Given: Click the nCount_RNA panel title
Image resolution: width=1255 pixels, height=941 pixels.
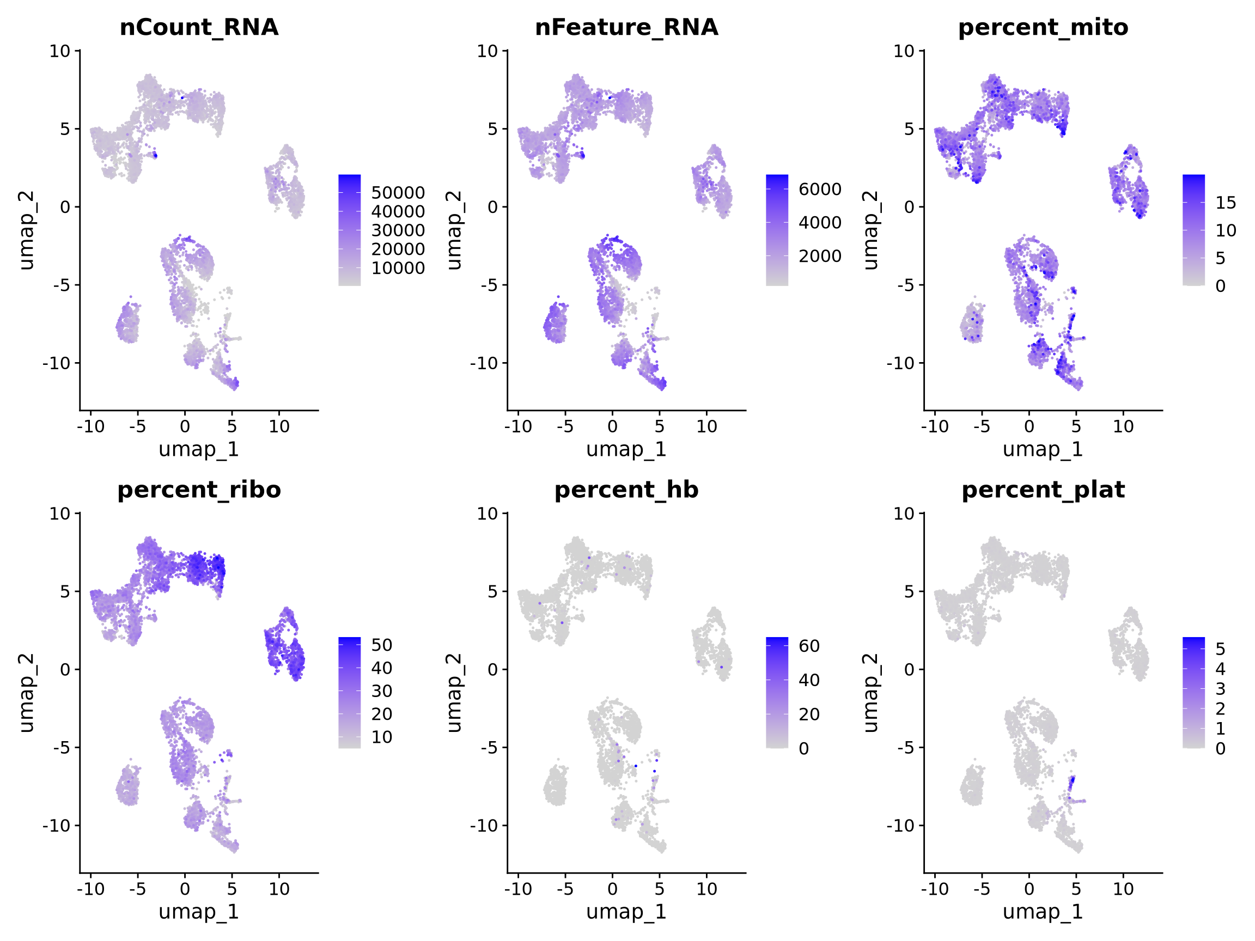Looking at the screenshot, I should pyautogui.click(x=199, y=27).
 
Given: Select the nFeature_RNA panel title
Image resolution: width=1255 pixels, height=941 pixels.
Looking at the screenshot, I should pyautogui.click(x=626, y=27).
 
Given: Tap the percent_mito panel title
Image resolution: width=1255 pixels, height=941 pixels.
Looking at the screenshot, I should pyautogui.click(x=1043, y=27).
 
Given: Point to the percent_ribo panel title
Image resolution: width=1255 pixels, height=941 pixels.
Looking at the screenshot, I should pyautogui.click(x=199, y=490).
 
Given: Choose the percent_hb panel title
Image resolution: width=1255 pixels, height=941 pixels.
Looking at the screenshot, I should pyautogui.click(x=626, y=490).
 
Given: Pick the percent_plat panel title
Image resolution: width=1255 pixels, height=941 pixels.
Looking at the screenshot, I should pyautogui.click(x=1043, y=490).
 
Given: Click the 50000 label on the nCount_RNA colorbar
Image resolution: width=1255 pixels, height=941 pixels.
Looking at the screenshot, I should pyautogui.click(x=398, y=193).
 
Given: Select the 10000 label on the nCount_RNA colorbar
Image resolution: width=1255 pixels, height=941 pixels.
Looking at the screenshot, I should pyautogui.click(x=398, y=268).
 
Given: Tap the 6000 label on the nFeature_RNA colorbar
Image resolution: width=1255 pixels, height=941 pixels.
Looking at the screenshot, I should pyautogui.click(x=820, y=189).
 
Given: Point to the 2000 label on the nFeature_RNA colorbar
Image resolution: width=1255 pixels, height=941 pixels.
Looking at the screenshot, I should pyautogui.click(x=820, y=256).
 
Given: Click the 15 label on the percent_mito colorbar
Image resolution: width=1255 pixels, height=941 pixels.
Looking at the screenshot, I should pyautogui.click(x=1226, y=203).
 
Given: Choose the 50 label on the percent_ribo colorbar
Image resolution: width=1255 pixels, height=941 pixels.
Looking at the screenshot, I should pyautogui.click(x=382, y=645).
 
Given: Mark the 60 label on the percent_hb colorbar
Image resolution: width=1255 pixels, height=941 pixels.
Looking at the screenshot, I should pyautogui.click(x=809, y=645).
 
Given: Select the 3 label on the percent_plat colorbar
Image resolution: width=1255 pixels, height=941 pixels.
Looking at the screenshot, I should pyautogui.click(x=1220, y=688).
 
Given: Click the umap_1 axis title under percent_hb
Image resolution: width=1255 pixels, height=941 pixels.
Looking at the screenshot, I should pyautogui.click(x=626, y=912).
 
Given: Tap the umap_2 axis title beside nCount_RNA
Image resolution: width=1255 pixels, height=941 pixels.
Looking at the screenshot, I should pyautogui.click(x=26, y=230).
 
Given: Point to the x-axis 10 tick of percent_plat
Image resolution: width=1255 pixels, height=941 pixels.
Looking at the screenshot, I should pyautogui.click(x=1123, y=889).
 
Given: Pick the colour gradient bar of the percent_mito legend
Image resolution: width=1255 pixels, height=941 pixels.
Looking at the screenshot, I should pyautogui.click(x=1194, y=230).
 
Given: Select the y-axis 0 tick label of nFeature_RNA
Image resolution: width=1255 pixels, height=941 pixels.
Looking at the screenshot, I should pyautogui.click(x=492, y=207).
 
